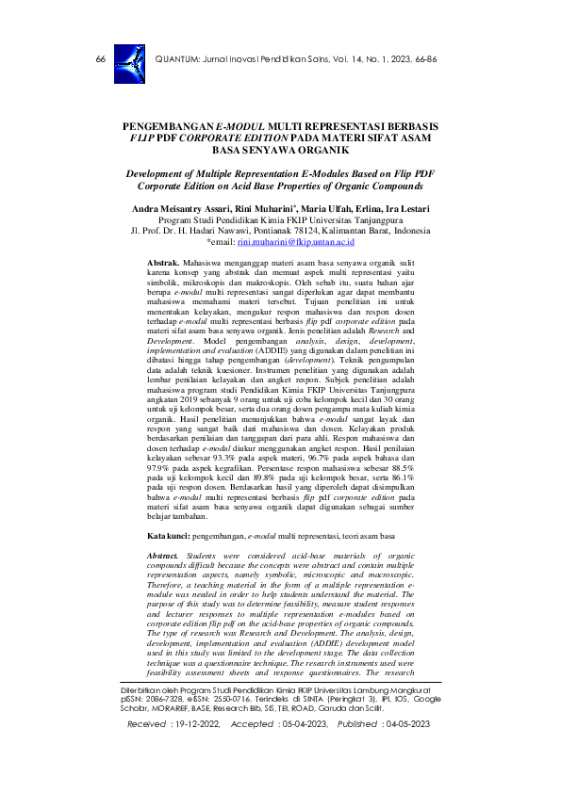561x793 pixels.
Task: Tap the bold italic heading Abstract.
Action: point(166,558)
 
